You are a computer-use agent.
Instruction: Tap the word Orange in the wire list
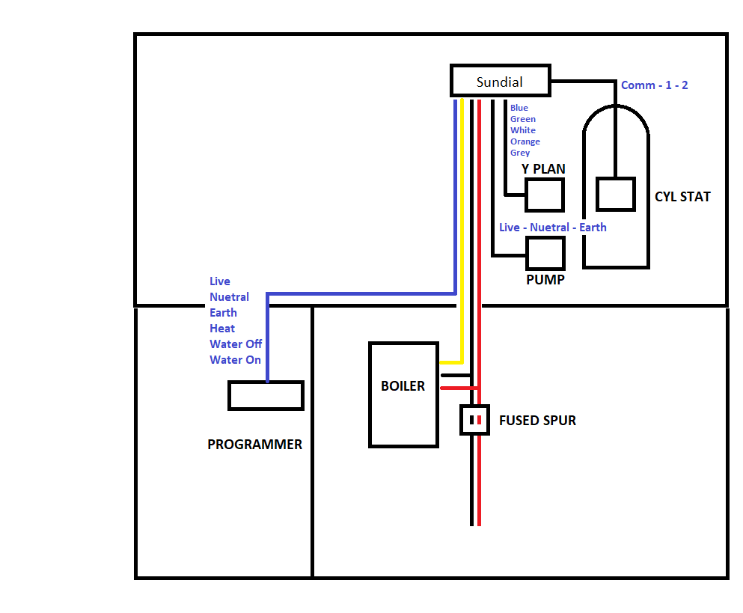click(x=525, y=141)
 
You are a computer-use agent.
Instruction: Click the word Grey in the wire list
click(x=520, y=153)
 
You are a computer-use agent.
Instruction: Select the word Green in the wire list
click(x=523, y=119)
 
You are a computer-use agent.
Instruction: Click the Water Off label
click(x=236, y=344)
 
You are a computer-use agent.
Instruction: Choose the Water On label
click(x=235, y=360)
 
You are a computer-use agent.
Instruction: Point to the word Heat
click(x=221, y=328)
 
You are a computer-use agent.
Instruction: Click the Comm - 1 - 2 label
click(x=655, y=85)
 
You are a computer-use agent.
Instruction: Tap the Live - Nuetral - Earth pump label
click(x=552, y=228)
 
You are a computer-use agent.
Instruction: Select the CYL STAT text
click(x=682, y=197)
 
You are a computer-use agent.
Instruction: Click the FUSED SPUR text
click(x=537, y=421)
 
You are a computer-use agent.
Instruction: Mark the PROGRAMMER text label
click(x=254, y=445)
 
